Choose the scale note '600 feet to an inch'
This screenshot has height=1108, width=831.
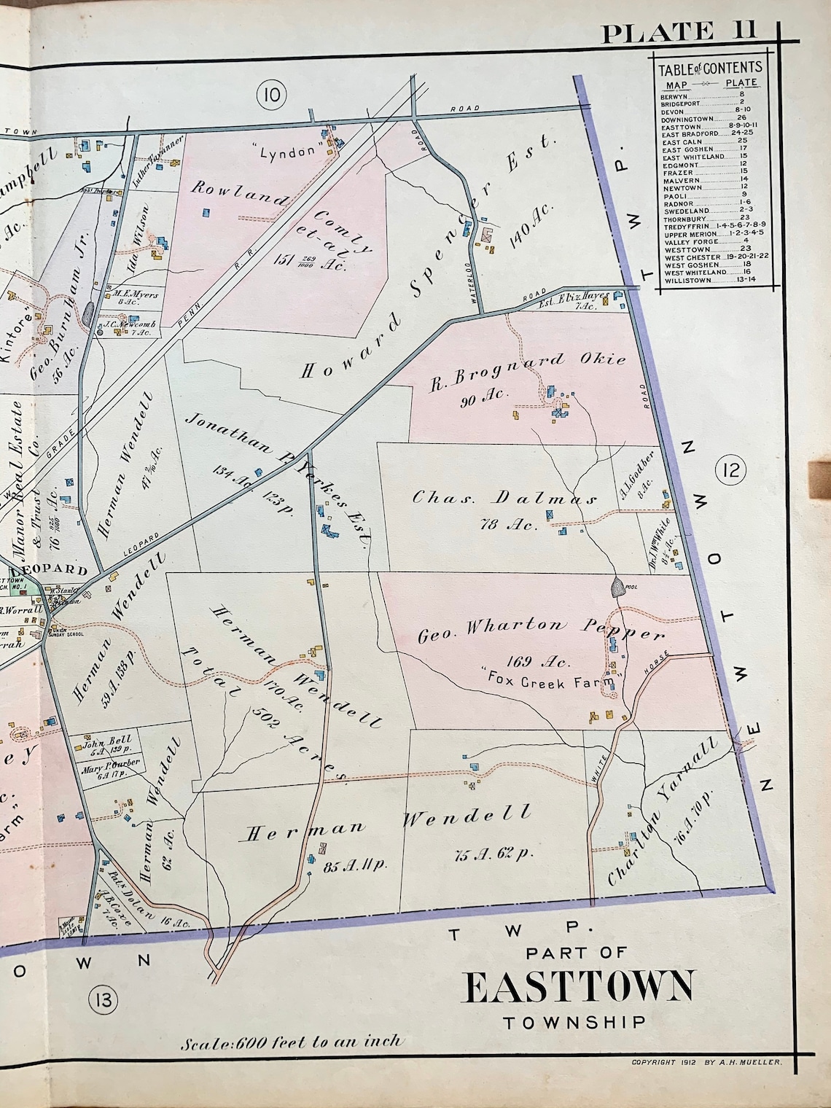[292, 1040]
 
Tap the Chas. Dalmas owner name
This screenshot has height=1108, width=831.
[504, 499]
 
